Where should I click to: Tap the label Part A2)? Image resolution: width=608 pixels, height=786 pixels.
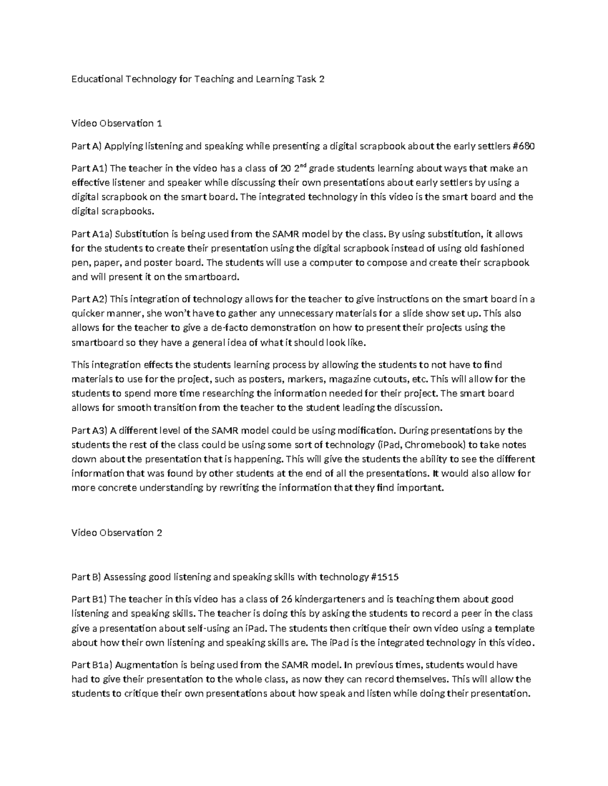(89, 299)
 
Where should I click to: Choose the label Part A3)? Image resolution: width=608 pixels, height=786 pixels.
(89, 431)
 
